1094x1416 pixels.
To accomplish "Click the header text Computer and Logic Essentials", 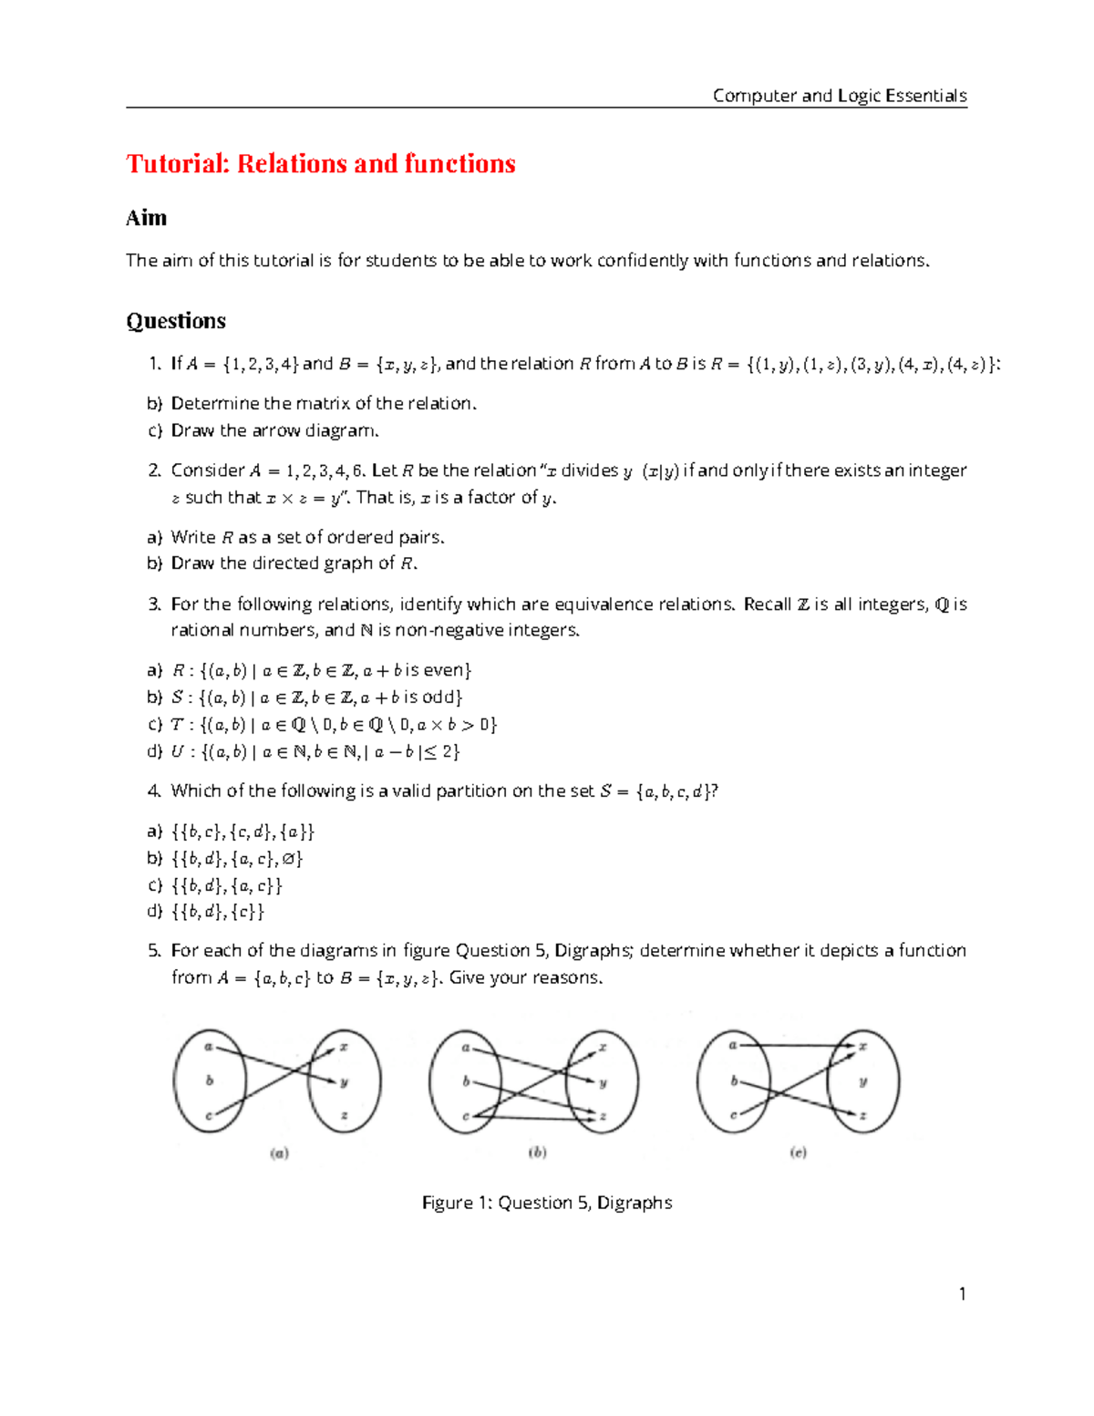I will tap(839, 96).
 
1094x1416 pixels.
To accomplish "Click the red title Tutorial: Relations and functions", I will tap(321, 164).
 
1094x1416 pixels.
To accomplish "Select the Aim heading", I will tap(146, 218).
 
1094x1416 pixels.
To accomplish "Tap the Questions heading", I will tap(176, 321).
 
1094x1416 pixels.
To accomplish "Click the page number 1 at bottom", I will tap(962, 1294).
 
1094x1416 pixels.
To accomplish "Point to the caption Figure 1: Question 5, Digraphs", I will tap(547, 1203).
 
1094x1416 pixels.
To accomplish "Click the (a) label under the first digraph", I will tap(279, 1153).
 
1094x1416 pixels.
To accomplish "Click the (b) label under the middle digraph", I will tap(537, 1152).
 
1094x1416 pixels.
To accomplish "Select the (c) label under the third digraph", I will tap(798, 1152).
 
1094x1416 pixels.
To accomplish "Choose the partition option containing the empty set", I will tap(237, 859).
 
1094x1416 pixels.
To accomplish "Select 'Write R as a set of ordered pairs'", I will tap(307, 537).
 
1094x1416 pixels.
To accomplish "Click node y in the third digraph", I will tap(862, 1081).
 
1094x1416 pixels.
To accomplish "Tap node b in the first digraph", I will tap(210, 1080).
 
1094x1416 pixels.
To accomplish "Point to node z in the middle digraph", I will tap(603, 1116).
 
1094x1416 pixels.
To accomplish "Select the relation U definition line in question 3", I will tap(315, 752).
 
